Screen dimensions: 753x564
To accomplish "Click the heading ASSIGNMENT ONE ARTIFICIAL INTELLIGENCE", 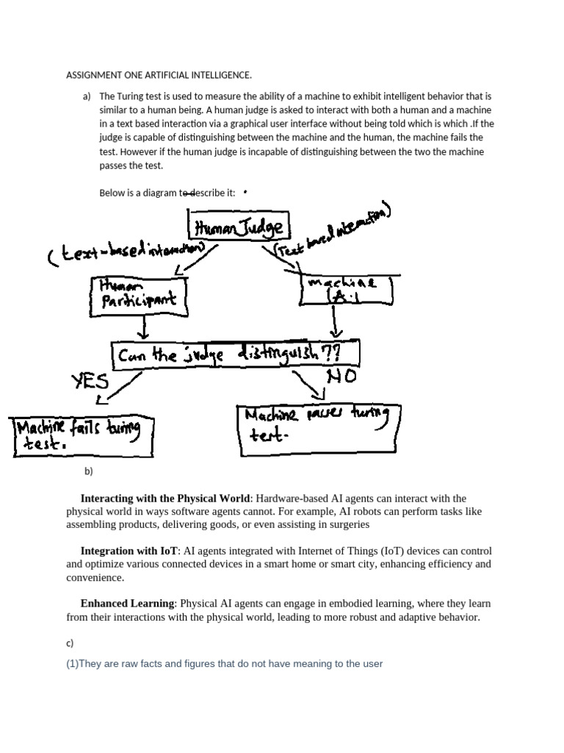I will point(159,75).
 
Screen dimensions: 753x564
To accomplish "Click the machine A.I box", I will point(347,290).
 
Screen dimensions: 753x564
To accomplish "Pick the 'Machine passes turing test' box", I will point(318,425).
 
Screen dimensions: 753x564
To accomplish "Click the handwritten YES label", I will point(90,381).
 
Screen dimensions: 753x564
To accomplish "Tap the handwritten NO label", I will point(339,376).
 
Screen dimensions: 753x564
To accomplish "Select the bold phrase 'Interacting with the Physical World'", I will point(165,499).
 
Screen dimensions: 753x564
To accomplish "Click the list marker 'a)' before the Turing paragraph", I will point(87,96).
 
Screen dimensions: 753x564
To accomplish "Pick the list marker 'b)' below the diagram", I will point(89,471).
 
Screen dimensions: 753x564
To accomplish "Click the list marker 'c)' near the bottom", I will point(70,643).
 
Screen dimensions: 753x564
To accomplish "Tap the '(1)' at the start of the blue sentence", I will point(72,664).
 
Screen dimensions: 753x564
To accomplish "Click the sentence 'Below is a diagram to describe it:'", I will point(167,193).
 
